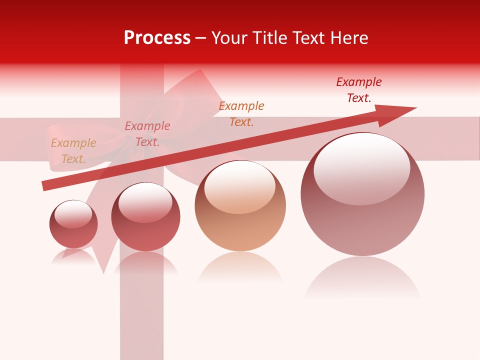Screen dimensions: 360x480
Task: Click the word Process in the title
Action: pos(157,38)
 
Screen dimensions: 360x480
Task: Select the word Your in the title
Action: pos(228,38)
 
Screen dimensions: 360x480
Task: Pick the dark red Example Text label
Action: pos(359,90)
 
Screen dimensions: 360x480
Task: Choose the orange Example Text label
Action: pos(241,113)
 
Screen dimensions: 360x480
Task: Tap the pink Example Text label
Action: pos(147,134)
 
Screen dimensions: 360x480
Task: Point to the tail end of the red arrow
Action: pos(46,185)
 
